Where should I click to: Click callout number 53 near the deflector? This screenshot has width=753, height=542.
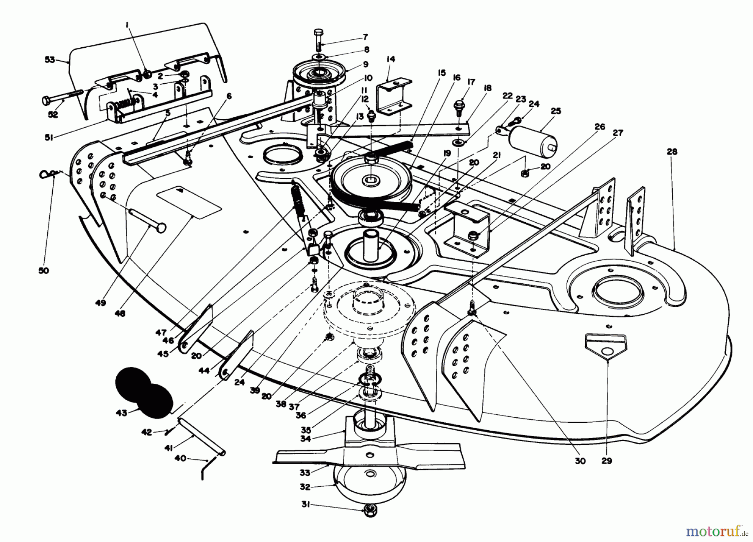49,60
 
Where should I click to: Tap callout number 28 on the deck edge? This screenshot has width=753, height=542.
672,152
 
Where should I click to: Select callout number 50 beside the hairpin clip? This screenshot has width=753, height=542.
44,270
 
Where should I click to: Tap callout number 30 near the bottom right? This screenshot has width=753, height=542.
580,461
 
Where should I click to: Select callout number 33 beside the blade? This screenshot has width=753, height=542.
305,473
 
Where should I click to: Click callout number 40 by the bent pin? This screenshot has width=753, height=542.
181,458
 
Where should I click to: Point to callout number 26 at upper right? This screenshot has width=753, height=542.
600,127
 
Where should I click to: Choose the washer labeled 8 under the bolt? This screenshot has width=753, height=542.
320,56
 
